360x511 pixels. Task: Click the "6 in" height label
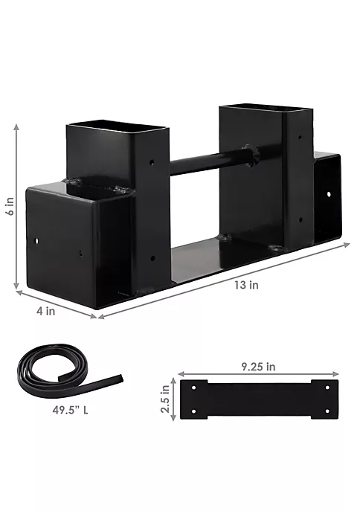click(x=10, y=206)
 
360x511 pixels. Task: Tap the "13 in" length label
click(x=246, y=285)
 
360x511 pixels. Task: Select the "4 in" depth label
click(x=45, y=311)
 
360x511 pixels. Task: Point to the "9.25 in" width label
click(x=258, y=367)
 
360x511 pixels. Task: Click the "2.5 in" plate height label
click(x=165, y=399)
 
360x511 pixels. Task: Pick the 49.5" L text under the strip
click(x=70, y=410)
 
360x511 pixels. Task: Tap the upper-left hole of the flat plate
click(x=194, y=388)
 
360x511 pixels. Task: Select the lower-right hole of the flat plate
click(x=327, y=411)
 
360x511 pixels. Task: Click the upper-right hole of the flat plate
click(x=327, y=388)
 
